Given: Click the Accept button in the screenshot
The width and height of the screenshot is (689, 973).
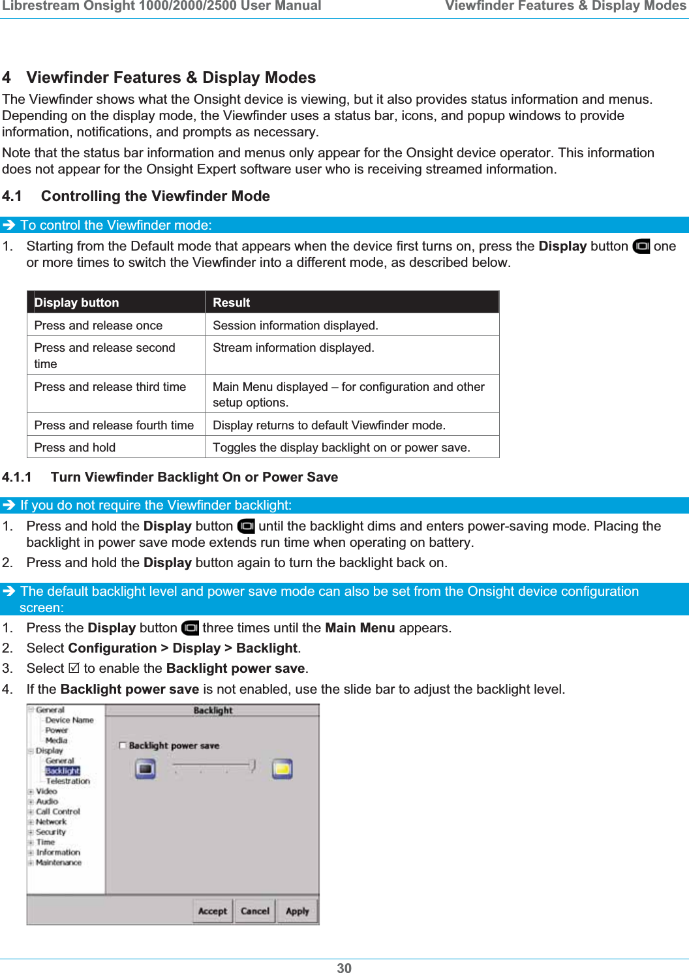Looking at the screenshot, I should (x=213, y=911).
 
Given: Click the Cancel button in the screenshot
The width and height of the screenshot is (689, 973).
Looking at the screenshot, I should (x=254, y=911).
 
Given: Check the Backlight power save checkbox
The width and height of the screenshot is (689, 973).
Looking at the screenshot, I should (x=123, y=745).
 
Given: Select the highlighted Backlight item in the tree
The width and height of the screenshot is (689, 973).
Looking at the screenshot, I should (x=63, y=771).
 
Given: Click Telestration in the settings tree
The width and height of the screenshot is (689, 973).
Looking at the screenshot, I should (x=68, y=781).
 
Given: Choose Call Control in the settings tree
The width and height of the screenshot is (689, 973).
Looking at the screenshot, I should (x=58, y=812).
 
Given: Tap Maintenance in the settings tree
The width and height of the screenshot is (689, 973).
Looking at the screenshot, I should (x=59, y=863).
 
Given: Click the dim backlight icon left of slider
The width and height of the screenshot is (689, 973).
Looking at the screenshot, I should (x=145, y=769).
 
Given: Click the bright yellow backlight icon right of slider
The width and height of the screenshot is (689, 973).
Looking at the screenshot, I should (x=282, y=769).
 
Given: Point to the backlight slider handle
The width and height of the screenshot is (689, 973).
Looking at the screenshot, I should (x=252, y=765).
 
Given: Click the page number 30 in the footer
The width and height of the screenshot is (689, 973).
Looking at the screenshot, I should (x=344, y=968).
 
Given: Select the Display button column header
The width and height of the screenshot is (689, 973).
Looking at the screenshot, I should (x=77, y=303).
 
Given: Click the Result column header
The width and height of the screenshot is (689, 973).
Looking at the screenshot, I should (x=232, y=303).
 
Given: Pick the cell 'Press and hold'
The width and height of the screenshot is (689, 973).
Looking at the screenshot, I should (x=75, y=448).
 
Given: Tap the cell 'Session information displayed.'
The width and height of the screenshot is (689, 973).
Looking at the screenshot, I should (x=296, y=326).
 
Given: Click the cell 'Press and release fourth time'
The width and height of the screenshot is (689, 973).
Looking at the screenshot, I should (x=114, y=425).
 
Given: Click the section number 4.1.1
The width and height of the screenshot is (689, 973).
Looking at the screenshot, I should (x=17, y=477).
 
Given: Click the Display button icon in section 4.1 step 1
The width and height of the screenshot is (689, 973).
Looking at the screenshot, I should (x=641, y=247).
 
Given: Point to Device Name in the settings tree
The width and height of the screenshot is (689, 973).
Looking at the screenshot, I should (x=69, y=720).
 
